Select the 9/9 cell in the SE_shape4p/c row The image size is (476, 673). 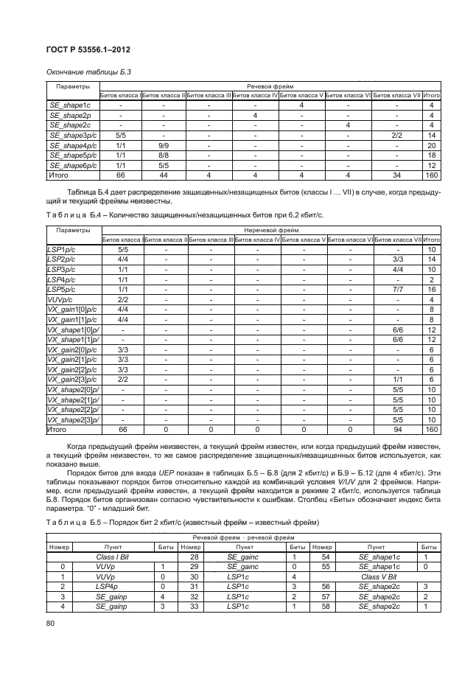tap(164, 146)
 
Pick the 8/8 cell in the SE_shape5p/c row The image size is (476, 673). tap(164, 156)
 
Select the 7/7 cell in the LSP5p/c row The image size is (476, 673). tap(397, 290)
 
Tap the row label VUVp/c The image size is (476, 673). tap(61, 300)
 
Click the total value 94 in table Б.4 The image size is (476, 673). tap(397, 429)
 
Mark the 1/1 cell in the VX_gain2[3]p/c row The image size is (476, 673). tap(397, 379)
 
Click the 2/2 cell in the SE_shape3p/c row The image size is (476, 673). tap(397, 136)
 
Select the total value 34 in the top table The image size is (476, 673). tap(397, 176)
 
